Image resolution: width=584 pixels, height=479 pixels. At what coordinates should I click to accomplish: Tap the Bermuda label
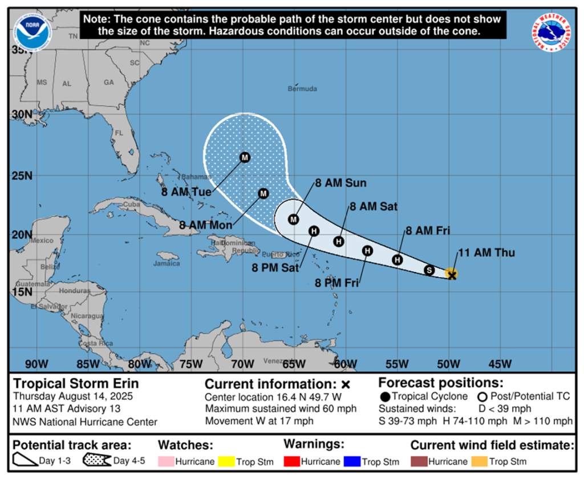point(302,89)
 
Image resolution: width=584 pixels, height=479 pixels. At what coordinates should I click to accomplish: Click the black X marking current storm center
point(452,275)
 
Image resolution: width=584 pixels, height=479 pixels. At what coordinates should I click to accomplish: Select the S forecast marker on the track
point(429,270)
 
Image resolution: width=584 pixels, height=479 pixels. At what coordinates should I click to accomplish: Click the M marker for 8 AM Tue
point(245,157)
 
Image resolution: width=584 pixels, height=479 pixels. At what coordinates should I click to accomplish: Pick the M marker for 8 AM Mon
point(263,194)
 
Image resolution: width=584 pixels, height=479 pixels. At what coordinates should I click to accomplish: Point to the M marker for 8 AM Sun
point(294,220)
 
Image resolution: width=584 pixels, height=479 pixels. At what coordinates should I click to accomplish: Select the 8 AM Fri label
point(428,231)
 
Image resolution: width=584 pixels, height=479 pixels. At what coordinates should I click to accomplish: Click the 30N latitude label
point(22,114)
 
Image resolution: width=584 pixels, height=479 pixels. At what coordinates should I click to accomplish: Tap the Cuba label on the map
point(132,204)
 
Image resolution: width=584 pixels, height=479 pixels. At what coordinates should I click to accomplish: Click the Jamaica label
point(166,263)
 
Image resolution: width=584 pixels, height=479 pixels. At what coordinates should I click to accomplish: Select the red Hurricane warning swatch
point(292,461)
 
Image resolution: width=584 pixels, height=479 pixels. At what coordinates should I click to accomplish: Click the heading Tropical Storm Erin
point(76,383)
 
